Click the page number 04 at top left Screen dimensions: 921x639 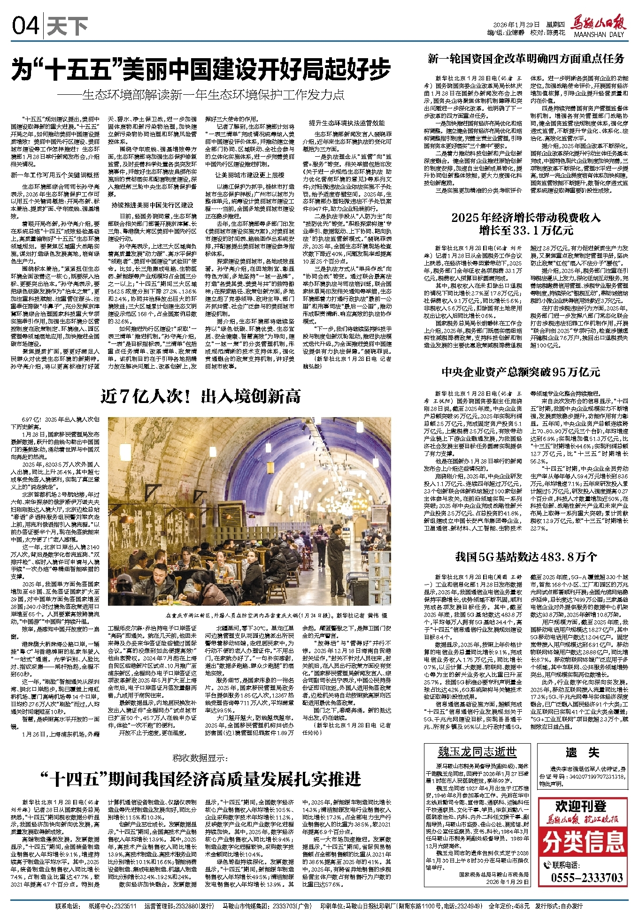[x=26, y=27]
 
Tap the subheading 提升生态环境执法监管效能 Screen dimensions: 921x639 [x=346, y=123]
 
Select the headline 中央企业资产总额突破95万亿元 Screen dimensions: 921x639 [x=521, y=372]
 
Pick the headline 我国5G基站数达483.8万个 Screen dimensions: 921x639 [x=526, y=557]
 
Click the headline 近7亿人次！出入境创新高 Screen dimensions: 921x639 [x=200, y=397]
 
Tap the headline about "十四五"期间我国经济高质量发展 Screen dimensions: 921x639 [x=200, y=779]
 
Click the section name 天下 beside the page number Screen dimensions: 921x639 [x=67, y=27]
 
